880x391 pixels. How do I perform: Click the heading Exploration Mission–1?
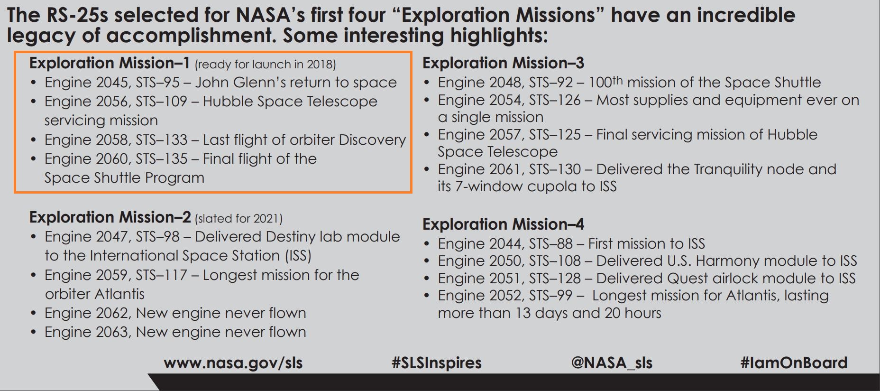click(x=110, y=63)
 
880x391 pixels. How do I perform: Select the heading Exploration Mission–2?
click(x=110, y=217)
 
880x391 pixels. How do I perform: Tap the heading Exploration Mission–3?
click(x=503, y=63)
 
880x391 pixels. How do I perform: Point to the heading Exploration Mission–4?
click(x=503, y=224)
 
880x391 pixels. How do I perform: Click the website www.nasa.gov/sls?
click(x=233, y=363)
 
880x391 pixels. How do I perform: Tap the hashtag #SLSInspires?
click(x=437, y=363)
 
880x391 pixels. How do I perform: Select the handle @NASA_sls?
click(x=612, y=363)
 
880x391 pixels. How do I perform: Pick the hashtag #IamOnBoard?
click(x=794, y=363)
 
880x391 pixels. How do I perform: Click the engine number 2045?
click(x=113, y=83)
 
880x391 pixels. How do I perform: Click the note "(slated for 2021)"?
click(x=238, y=219)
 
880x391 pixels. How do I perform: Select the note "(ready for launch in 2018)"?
click(x=265, y=65)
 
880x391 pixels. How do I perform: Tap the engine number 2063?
click(x=113, y=332)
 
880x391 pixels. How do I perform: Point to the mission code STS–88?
click(x=551, y=244)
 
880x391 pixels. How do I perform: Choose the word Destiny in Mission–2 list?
click(x=291, y=237)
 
